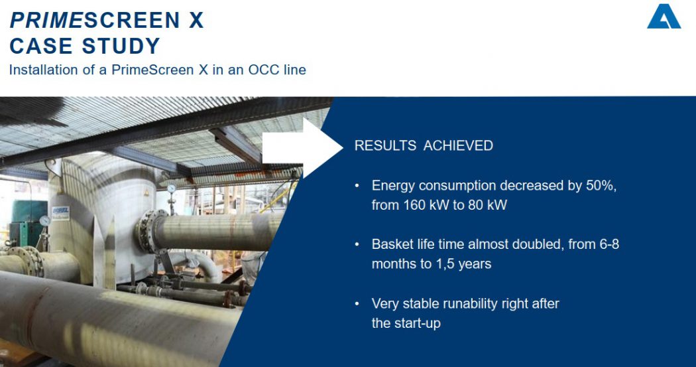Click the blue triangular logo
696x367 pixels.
pyautogui.click(x=664, y=17)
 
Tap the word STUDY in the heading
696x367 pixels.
pyautogui.click(x=121, y=46)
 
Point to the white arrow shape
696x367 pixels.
pyautogui.click(x=302, y=148)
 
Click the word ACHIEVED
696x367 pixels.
pyautogui.click(x=458, y=146)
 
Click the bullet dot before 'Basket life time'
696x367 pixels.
pyautogui.click(x=357, y=245)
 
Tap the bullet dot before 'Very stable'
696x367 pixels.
pyautogui.click(x=357, y=304)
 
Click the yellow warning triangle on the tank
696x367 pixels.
pyautogui.click(x=146, y=193)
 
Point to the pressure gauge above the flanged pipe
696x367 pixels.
pyautogui.click(x=171, y=189)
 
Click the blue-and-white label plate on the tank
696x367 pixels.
pyautogui.click(x=60, y=212)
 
